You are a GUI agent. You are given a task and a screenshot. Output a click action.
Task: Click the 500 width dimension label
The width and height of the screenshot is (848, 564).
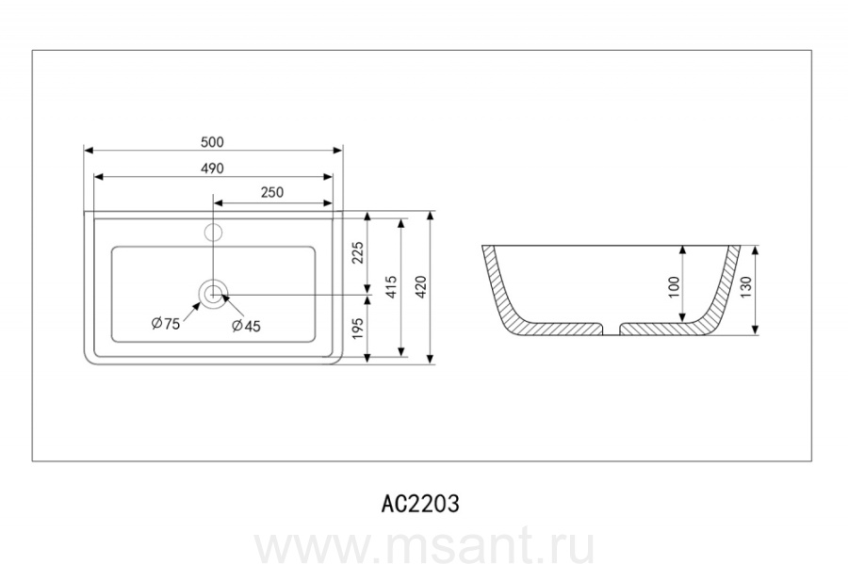[212, 142]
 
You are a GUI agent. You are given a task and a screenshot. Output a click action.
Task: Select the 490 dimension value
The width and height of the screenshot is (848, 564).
[212, 169]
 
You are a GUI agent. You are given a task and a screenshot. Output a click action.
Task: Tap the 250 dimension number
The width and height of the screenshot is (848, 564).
[272, 192]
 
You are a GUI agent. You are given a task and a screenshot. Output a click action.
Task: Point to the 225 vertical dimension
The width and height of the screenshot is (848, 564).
[357, 252]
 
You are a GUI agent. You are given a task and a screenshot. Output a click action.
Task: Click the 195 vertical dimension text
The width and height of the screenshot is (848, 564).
[357, 329]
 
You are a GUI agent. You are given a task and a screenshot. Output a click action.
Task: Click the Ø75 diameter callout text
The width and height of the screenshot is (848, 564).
[166, 324]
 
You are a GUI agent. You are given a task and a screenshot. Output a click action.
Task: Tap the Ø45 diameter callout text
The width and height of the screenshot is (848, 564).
[246, 326]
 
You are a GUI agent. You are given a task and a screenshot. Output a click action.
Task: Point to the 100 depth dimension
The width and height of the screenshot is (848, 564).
[674, 287]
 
